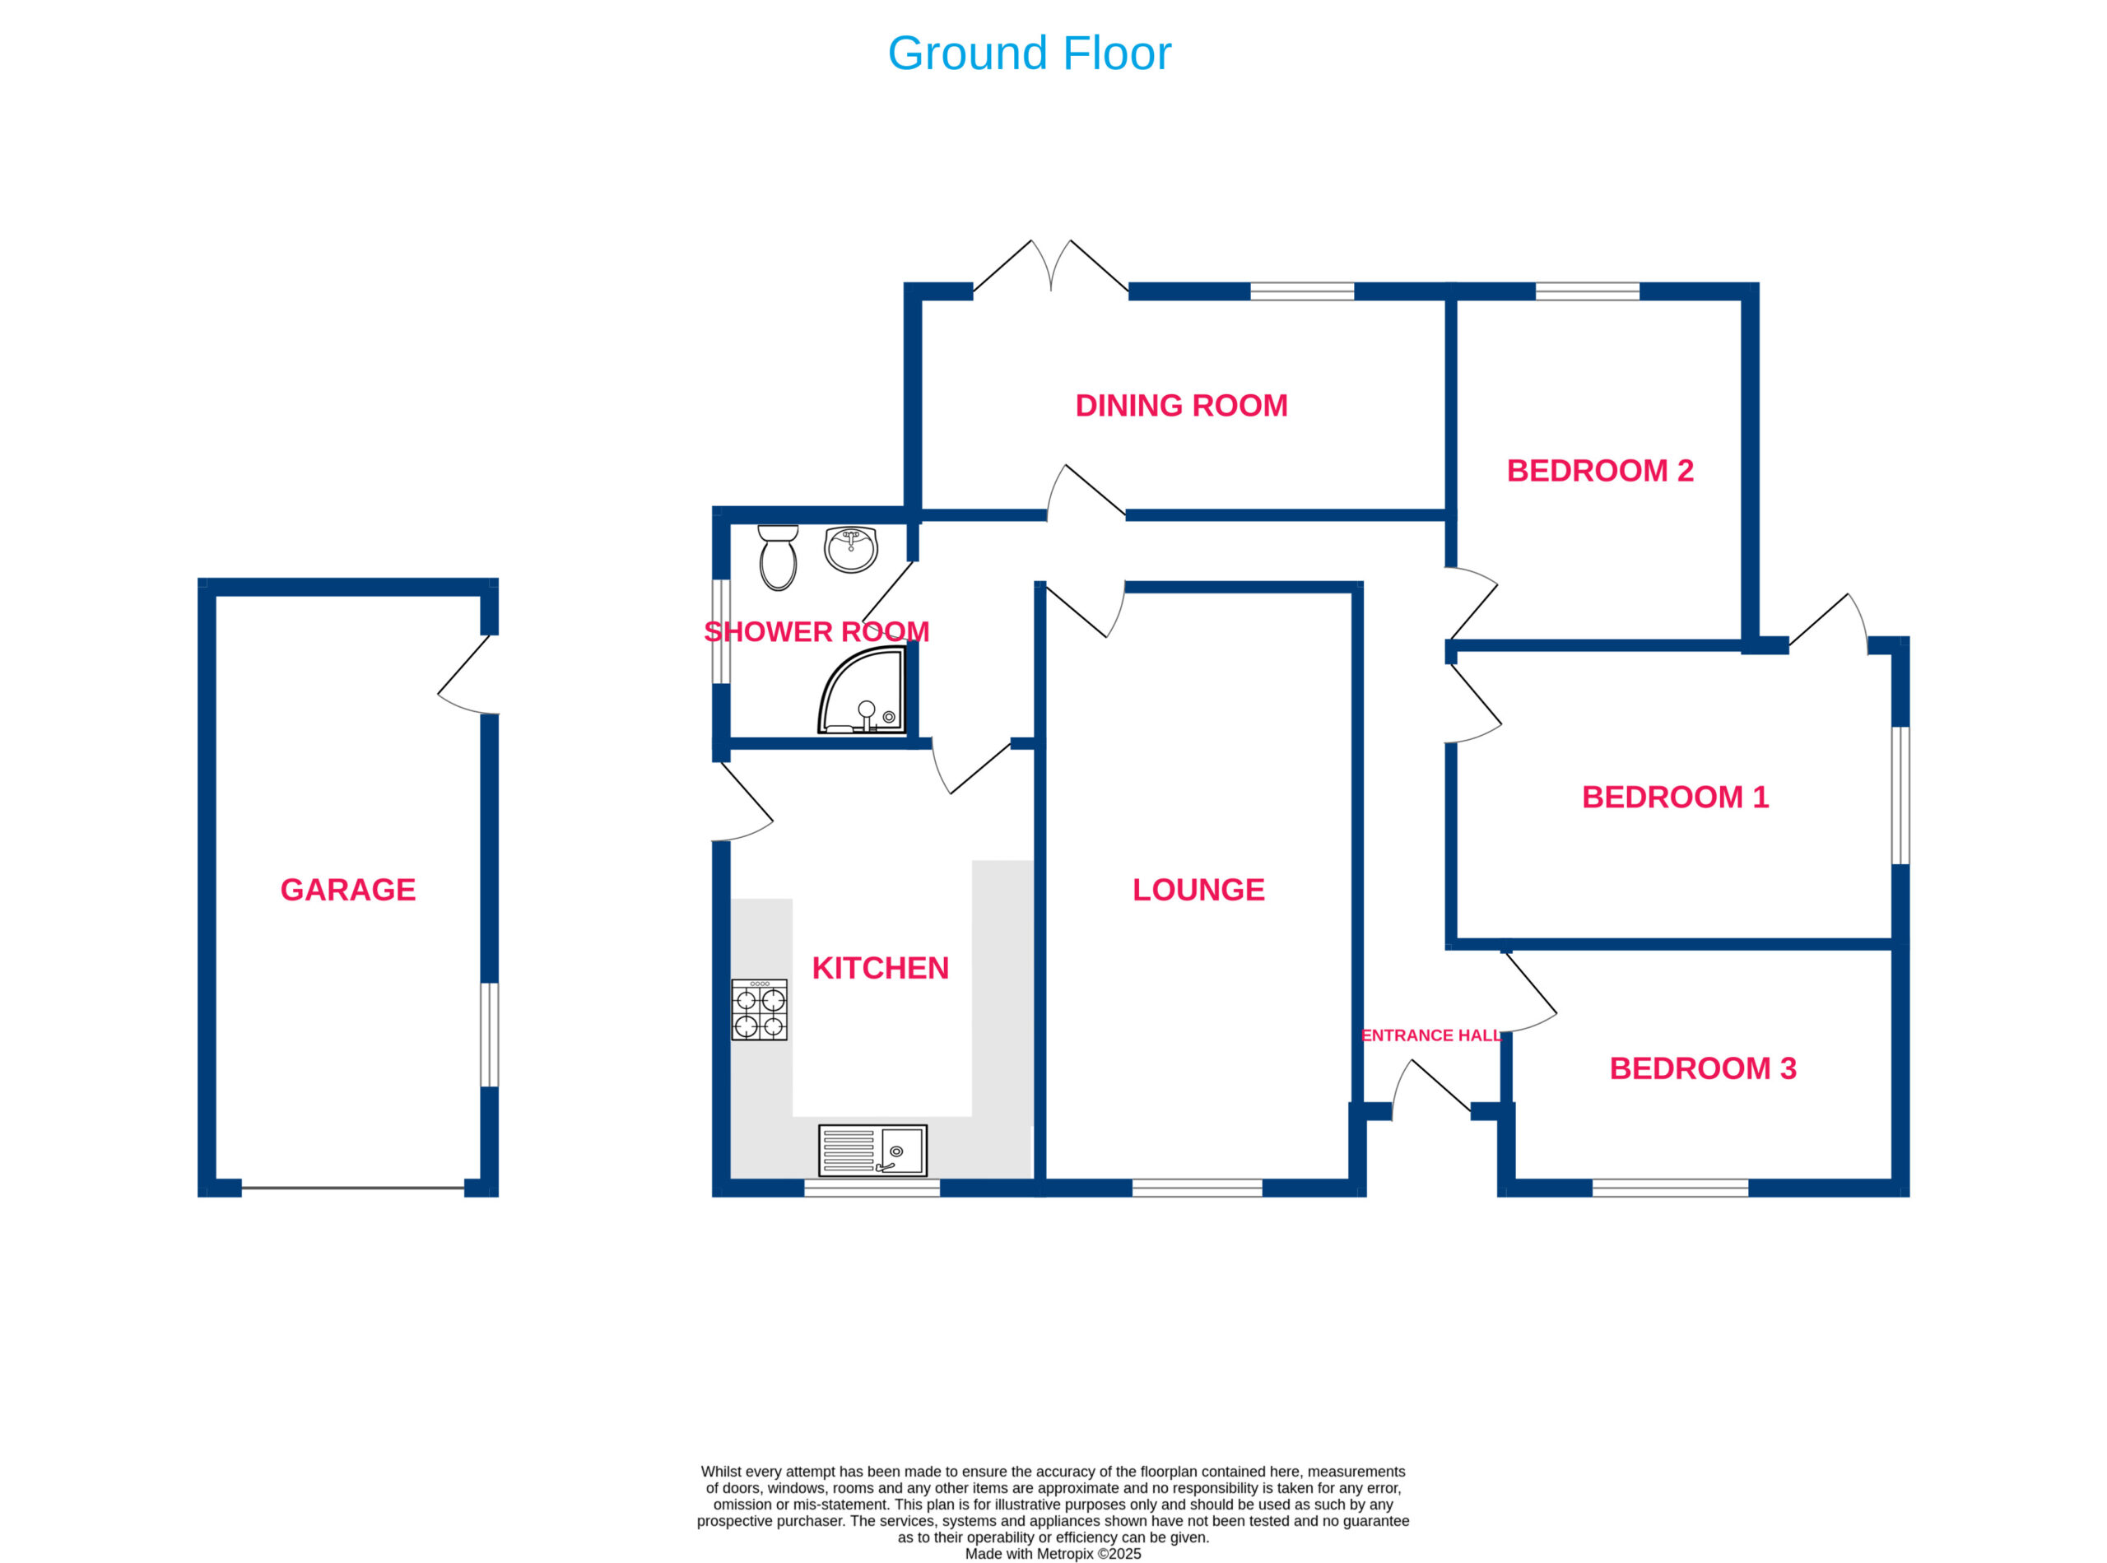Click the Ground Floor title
point(1030,53)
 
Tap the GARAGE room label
point(348,890)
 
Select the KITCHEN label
point(880,968)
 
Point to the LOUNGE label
point(1198,890)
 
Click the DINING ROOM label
point(1182,405)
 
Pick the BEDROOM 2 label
point(1600,470)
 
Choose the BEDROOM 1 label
point(1676,797)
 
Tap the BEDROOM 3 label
point(1703,1068)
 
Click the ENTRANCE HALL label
point(1431,1035)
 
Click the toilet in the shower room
point(778,557)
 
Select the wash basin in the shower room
point(850,550)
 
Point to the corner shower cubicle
point(862,691)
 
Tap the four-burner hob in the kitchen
point(759,1010)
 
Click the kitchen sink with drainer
point(872,1151)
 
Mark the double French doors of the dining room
point(1051,266)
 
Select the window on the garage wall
point(489,1035)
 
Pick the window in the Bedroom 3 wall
point(1670,1188)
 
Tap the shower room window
point(721,631)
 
